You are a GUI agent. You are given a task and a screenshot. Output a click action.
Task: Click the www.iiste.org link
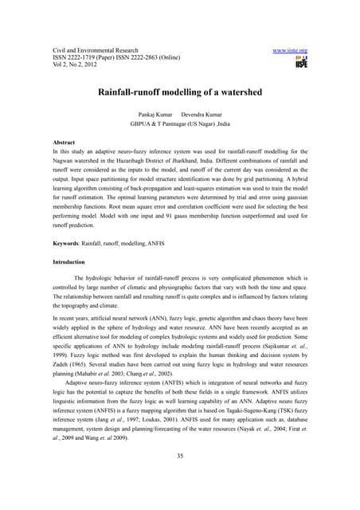290,50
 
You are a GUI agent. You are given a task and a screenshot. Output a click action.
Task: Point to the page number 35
180,477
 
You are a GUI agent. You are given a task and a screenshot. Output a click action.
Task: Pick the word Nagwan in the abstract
65,160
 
